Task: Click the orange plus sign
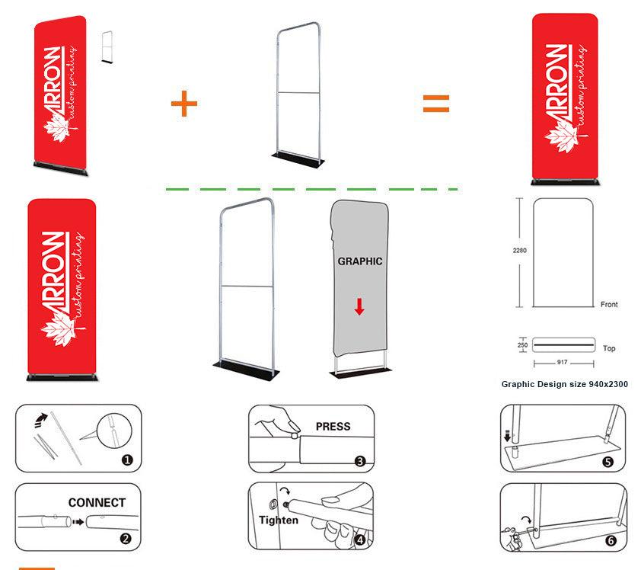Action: click(x=183, y=104)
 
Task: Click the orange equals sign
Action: click(x=436, y=104)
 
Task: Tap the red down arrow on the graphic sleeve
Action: click(x=359, y=306)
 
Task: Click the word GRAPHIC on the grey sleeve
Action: click(x=359, y=261)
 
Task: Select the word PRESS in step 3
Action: click(x=333, y=426)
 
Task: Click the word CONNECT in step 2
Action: click(x=97, y=503)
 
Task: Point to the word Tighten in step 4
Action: click(x=279, y=520)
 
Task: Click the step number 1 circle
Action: click(x=127, y=460)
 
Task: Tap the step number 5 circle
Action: click(x=607, y=461)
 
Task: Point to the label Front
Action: click(x=609, y=304)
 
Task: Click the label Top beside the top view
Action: click(x=609, y=348)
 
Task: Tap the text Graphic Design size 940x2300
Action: click(x=564, y=384)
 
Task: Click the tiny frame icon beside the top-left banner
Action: click(x=106, y=46)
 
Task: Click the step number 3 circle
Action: click(x=360, y=460)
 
